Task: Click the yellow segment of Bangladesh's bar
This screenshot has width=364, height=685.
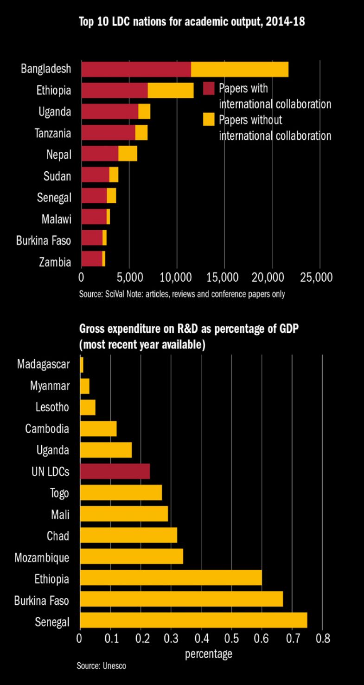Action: click(x=240, y=69)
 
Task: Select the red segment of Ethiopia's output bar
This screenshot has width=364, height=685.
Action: click(x=115, y=90)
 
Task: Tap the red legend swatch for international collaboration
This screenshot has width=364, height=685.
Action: click(x=209, y=88)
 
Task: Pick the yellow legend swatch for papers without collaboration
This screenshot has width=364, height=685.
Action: click(x=209, y=120)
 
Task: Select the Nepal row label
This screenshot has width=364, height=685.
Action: click(x=59, y=155)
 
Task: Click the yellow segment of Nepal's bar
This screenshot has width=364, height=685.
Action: click(x=128, y=154)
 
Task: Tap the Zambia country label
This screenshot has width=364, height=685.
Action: click(x=55, y=262)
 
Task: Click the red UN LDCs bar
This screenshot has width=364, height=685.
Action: click(x=115, y=472)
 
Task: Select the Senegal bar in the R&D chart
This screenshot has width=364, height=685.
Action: click(x=193, y=622)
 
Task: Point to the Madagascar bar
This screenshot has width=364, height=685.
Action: click(x=82, y=364)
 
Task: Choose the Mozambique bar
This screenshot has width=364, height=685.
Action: click(x=132, y=557)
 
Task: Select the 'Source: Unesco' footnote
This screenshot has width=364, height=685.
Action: click(x=101, y=666)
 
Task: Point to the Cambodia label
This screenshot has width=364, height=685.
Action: click(x=47, y=428)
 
